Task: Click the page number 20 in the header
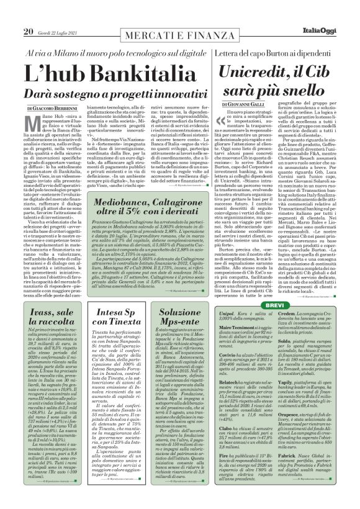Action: tap(27, 13)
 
